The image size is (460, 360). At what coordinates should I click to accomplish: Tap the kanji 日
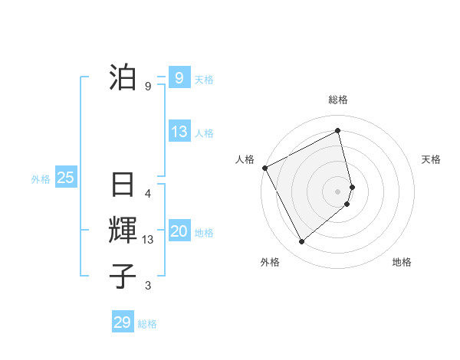pos(123,185)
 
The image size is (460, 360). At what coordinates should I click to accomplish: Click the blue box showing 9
pos(179,77)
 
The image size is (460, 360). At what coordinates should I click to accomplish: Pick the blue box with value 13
pos(179,132)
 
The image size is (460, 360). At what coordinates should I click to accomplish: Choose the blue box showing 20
pos(179,231)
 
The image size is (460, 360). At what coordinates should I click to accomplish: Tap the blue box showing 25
pos(65,178)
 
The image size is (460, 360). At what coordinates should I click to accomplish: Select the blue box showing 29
pos(123,322)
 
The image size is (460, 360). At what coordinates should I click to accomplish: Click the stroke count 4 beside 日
pos(148,194)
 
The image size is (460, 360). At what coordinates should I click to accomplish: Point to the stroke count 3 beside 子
pos(148,286)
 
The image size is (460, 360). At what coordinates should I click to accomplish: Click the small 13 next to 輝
pos(148,240)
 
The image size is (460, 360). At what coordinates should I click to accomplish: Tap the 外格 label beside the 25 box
pos(41,179)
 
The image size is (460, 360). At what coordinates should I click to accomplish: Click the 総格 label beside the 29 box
pos(147,324)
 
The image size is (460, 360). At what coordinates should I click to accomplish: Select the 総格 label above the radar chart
pos(338,100)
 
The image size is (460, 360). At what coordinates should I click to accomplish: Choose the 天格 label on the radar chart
pos(431,159)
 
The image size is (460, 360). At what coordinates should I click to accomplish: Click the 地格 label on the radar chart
pos(402,262)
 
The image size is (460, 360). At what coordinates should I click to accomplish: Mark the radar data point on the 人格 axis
pos(264,168)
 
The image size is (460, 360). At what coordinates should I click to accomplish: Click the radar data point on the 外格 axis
pos(302,242)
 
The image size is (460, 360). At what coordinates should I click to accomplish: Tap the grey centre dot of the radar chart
pos(338,190)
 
